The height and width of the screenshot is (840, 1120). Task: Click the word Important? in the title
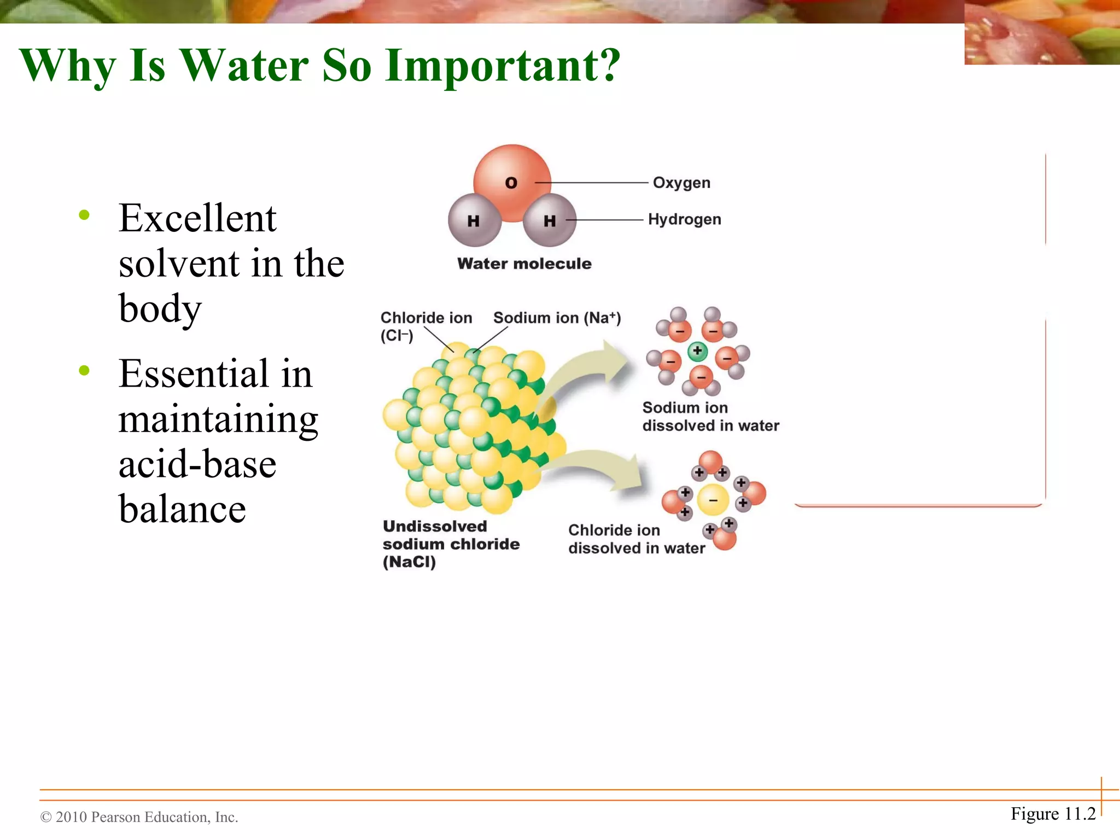pos(502,65)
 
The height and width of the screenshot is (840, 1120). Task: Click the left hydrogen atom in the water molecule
pos(474,220)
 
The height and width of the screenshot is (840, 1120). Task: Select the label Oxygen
pos(681,183)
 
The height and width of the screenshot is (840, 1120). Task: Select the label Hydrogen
pos(684,219)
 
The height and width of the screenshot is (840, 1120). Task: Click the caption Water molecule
pos(524,264)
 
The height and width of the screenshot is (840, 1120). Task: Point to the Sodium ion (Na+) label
pos(557,318)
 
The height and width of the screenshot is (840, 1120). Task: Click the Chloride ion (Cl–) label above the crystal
pos(425,325)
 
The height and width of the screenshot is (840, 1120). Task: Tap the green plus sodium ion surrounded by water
pos(697,351)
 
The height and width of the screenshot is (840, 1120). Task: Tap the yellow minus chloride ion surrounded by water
pos(713,500)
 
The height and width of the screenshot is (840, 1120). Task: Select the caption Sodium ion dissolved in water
pos(710,417)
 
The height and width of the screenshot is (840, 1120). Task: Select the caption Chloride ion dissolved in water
pos(636,539)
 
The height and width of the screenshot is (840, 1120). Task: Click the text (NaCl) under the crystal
pos(409,562)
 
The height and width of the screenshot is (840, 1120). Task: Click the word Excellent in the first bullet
pos(197,218)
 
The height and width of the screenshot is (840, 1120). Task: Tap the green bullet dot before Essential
pos(84,371)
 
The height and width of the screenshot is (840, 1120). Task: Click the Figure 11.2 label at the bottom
pos(1053,814)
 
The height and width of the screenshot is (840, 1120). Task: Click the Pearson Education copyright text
pos(139,817)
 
